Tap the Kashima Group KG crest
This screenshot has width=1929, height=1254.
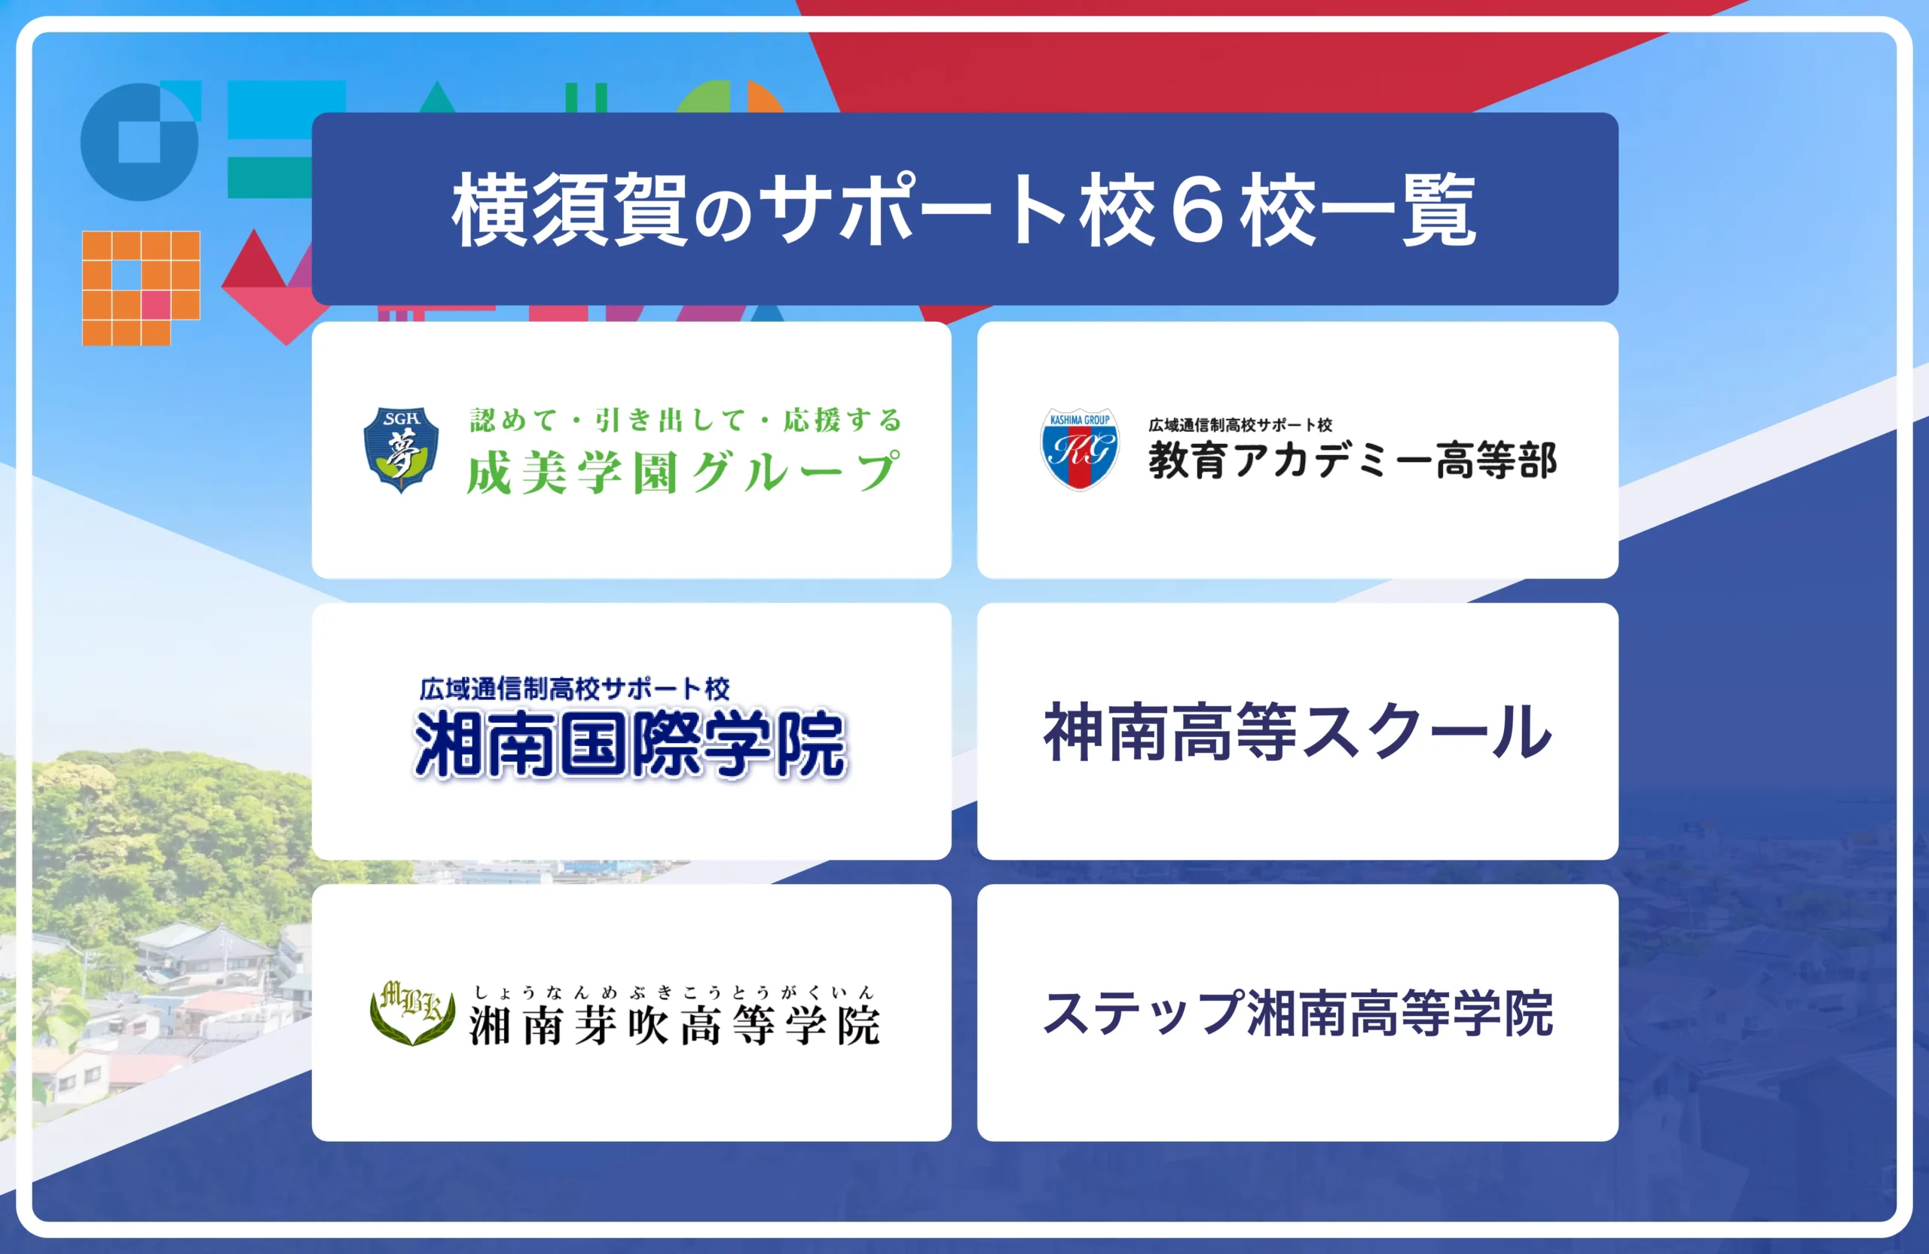point(1079,449)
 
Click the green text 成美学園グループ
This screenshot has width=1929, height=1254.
point(683,473)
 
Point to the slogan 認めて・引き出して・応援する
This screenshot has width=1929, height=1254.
point(686,420)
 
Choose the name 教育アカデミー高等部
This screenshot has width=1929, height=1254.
point(1352,460)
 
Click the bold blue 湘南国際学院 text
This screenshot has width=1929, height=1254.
point(630,744)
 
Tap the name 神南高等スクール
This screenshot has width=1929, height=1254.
point(1298,732)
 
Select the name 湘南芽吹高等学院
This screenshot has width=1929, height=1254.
point(674,1026)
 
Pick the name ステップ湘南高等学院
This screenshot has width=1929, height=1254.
point(1298,1014)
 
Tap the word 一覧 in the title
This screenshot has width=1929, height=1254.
point(1399,210)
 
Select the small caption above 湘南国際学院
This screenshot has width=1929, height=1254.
point(575,689)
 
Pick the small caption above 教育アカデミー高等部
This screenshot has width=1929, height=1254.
point(1240,425)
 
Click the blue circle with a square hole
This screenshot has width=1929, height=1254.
point(139,142)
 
